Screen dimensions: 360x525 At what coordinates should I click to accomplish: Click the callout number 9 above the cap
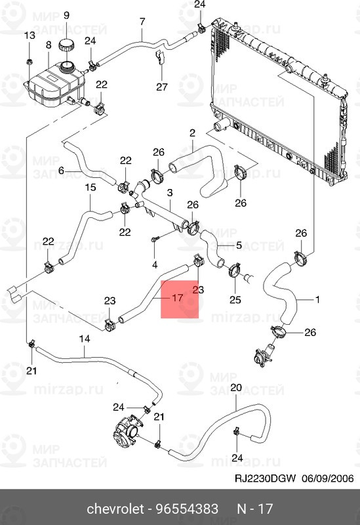(x=66, y=15)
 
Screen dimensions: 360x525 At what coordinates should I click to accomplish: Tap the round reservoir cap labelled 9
(x=67, y=45)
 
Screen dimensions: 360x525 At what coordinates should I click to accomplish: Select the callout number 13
(x=30, y=35)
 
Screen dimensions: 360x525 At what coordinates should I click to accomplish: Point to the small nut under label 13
(x=29, y=62)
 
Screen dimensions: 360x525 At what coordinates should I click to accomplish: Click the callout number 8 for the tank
(x=49, y=45)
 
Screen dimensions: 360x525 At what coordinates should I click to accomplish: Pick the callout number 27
(x=161, y=87)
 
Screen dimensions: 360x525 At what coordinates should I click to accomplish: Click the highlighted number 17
(x=177, y=297)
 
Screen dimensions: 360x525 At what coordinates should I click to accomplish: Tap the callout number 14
(x=85, y=339)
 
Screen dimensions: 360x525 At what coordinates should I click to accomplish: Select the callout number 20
(x=236, y=387)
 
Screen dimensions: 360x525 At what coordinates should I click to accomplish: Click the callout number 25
(x=235, y=299)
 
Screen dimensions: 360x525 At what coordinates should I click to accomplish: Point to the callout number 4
(x=155, y=265)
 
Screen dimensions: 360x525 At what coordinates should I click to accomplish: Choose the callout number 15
(x=90, y=187)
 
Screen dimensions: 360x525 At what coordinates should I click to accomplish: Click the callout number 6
(x=61, y=171)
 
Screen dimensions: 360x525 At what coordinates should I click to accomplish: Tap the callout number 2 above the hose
(x=192, y=133)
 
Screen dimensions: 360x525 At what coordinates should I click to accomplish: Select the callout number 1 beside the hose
(x=317, y=299)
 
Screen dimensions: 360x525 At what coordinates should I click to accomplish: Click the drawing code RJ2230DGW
(x=265, y=478)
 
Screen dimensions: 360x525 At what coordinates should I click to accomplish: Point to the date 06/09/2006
(x=328, y=478)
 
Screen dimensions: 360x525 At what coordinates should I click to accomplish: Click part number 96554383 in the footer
(x=187, y=509)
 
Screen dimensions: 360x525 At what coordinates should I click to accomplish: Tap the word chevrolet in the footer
(x=115, y=509)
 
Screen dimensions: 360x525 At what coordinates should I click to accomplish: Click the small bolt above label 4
(x=155, y=239)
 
